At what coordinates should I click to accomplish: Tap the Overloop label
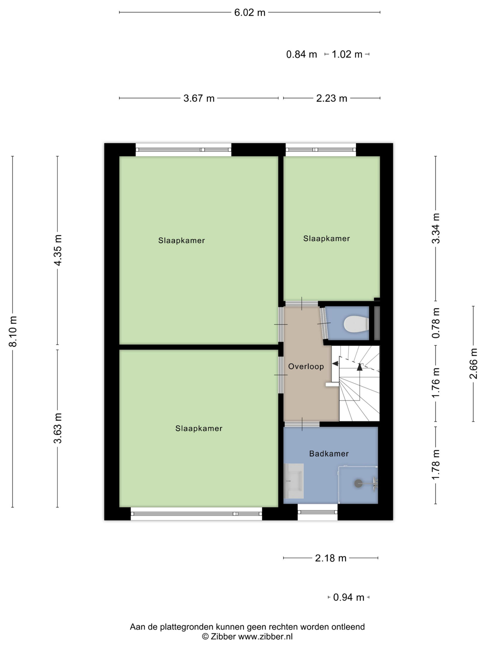tap(306, 367)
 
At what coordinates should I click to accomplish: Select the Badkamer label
tap(329, 454)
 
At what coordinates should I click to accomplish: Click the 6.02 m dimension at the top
tap(250, 13)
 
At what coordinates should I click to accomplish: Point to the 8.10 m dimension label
tap(13, 331)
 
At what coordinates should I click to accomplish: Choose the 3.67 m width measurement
tap(199, 98)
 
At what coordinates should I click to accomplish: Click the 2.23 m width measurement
tap(332, 98)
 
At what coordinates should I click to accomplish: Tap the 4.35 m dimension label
tap(58, 250)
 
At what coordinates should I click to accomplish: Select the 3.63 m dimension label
tap(58, 428)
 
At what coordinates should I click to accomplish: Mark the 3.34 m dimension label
tap(436, 228)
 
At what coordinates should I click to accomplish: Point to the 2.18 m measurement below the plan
tap(331, 558)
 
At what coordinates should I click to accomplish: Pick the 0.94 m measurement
tap(349, 597)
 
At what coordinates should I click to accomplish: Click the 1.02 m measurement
tap(347, 54)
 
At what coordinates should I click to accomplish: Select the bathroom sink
tap(294, 481)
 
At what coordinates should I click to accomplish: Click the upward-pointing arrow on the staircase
tap(360, 367)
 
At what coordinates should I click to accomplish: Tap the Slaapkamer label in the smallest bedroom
tap(327, 239)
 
